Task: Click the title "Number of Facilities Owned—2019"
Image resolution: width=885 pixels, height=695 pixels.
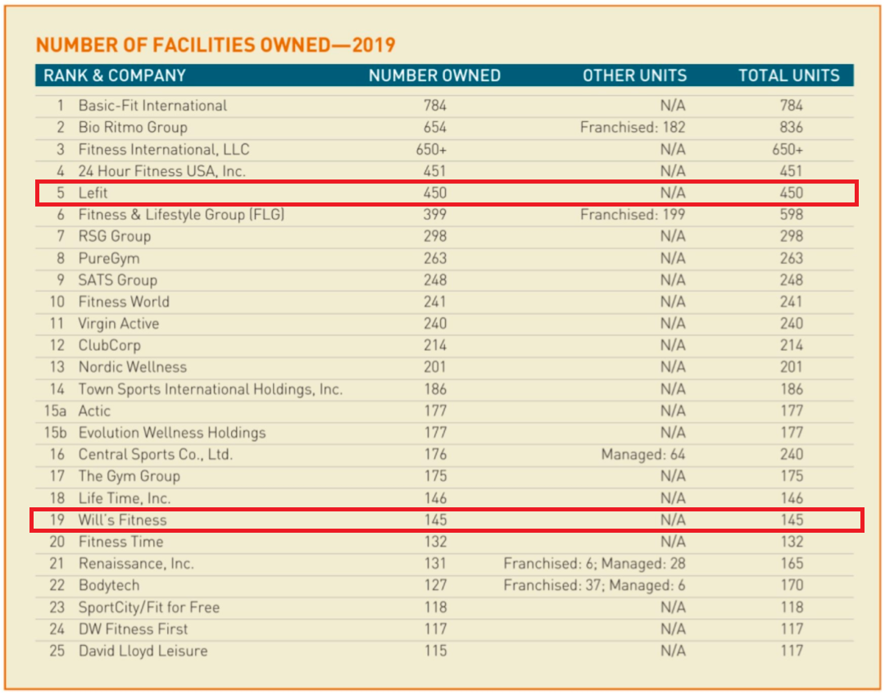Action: (x=216, y=44)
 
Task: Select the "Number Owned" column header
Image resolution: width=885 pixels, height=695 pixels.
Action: (x=434, y=75)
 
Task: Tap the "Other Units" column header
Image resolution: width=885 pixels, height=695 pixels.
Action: (x=634, y=75)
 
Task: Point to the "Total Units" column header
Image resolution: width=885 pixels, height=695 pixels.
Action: (x=789, y=75)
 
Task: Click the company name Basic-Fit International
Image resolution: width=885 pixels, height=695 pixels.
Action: (x=152, y=106)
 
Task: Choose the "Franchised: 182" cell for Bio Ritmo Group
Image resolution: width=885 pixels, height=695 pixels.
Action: (x=633, y=128)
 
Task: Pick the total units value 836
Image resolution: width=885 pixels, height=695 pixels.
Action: (x=792, y=128)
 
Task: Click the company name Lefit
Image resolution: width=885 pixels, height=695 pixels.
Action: (x=93, y=193)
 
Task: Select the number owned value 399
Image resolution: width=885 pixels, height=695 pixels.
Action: (x=435, y=215)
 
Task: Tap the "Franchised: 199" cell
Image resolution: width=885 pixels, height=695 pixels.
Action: (x=633, y=215)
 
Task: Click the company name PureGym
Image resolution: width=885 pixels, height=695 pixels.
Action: (x=109, y=259)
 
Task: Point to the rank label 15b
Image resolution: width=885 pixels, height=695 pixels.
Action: (x=56, y=433)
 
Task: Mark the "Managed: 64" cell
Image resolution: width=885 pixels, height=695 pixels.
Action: (x=643, y=455)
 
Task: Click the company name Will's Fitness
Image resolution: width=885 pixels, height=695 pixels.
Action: (x=122, y=520)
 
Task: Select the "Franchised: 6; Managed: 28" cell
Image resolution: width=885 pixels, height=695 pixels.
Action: (x=594, y=563)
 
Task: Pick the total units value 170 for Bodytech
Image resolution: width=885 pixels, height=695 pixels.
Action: (x=792, y=585)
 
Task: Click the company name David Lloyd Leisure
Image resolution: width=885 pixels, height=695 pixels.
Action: (x=143, y=651)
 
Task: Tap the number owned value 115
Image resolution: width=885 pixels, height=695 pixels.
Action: (x=436, y=651)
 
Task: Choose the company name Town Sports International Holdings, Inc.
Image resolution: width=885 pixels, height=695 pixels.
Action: (x=211, y=389)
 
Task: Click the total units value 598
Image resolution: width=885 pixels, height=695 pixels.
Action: (x=792, y=215)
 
